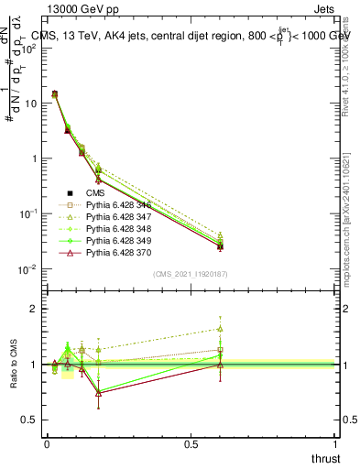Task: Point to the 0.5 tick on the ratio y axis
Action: (x=30, y=420)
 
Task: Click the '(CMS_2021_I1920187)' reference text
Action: (x=190, y=274)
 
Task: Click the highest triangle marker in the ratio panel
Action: (x=221, y=329)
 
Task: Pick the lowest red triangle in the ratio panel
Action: (x=98, y=394)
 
